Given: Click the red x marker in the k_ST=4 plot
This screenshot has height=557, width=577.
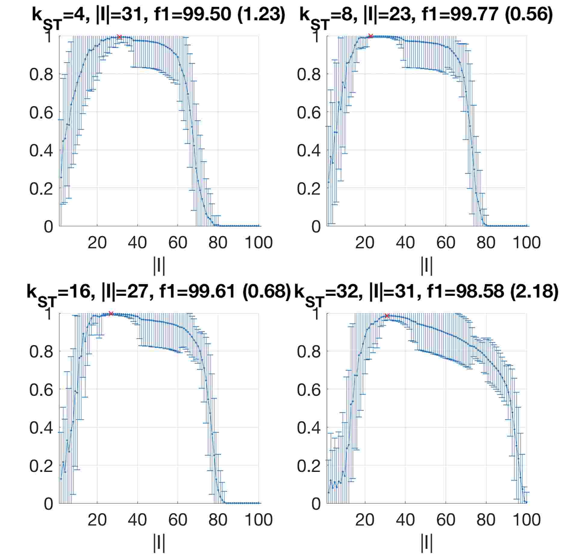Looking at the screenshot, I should click(119, 37).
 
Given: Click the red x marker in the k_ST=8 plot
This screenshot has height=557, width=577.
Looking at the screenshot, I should click(371, 36).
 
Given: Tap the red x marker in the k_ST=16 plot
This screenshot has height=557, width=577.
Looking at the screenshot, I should click(111, 313).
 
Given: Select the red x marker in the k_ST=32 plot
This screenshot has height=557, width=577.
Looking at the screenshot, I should click(387, 316).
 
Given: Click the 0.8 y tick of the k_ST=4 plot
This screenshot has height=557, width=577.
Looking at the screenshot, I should click(41, 74).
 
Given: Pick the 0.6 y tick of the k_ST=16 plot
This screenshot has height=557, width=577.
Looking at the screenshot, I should click(41, 389).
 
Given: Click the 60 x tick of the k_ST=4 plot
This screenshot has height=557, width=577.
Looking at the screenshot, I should click(178, 242).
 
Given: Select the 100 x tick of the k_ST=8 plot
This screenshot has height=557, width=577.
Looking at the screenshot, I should click(526, 242).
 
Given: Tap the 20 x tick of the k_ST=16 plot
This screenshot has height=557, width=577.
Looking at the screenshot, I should click(97, 519).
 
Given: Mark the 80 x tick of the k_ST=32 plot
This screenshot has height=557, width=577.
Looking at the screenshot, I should click(486, 519).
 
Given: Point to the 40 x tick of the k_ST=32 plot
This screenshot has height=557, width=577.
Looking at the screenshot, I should click(405, 519).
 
